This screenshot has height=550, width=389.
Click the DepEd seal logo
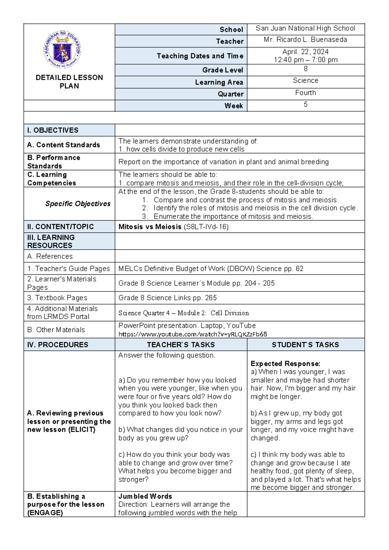point(62,49)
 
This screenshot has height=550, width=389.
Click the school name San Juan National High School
point(305,29)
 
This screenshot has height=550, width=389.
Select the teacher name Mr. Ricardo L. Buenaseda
point(305,40)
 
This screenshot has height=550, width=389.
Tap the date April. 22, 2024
point(305,52)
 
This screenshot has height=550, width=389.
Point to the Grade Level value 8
point(305,69)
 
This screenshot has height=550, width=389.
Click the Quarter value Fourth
point(305,93)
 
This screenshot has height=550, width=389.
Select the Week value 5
point(305,104)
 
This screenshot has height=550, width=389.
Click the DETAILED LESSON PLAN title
point(69,82)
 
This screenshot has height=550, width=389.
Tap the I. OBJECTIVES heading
point(53,130)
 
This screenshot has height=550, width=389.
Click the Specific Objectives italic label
point(78,204)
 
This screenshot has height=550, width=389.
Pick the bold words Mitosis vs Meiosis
point(150,227)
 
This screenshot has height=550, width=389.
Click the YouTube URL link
point(193,334)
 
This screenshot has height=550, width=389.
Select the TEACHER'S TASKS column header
point(181,345)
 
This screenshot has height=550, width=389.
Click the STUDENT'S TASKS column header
point(305,345)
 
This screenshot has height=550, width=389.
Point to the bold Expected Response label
point(285,364)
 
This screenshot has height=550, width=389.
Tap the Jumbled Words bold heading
point(145,496)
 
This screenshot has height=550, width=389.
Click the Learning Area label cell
point(219,82)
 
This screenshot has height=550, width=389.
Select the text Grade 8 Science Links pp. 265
point(168,298)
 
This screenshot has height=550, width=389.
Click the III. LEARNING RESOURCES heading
point(51,241)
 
